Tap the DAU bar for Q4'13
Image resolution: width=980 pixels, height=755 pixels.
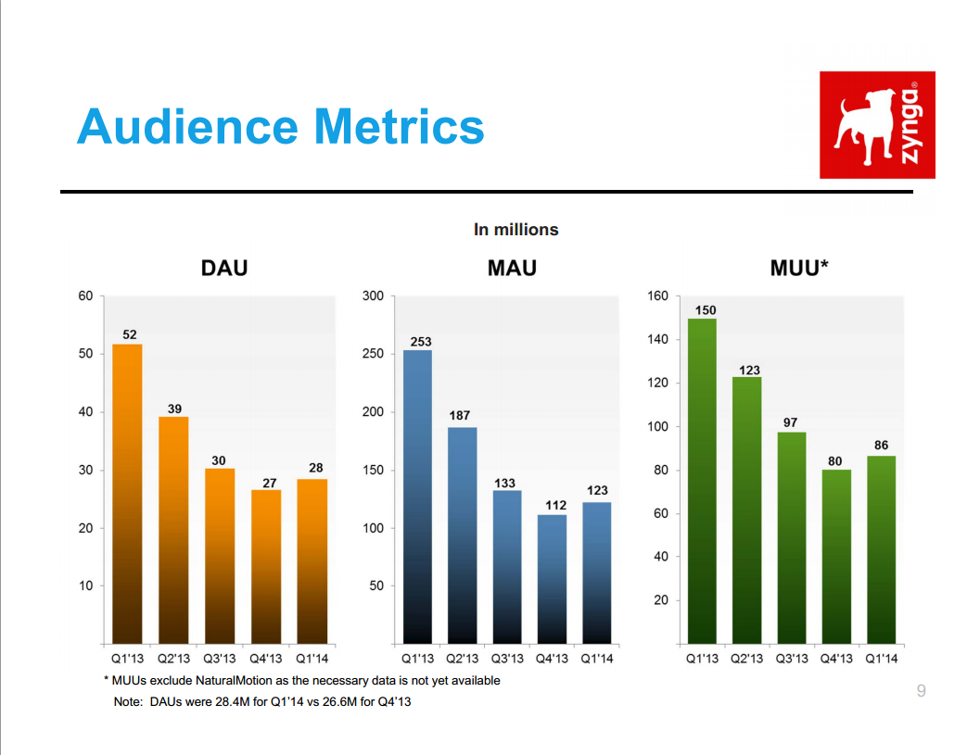(x=266, y=565)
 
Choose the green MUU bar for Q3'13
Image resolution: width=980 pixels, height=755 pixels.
(x=791, y=537)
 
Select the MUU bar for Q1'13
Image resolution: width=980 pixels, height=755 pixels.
(x=702, y=481)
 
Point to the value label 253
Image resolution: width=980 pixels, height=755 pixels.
(x=420, y=342)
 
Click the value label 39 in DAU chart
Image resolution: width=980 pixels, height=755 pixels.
(x=175, y=408)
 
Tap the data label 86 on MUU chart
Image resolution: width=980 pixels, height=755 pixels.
(x=881, y=446)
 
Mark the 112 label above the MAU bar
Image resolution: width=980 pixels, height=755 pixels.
(x=554, y=505)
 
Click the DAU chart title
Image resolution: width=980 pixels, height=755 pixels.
(x=224, y=269)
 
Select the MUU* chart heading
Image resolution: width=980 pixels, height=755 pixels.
(x=798, y=269)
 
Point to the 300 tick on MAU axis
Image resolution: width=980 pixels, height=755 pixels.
(x=373, y=296)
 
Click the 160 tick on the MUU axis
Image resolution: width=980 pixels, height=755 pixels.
(x=657, y=296)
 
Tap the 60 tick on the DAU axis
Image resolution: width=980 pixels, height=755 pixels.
(x=85, y=296)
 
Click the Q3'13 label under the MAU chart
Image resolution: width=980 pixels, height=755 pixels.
(x=507, y=659)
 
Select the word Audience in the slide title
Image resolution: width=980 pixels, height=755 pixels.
(x=186, y=127)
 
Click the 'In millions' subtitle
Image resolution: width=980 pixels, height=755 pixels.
(x=515, y=229)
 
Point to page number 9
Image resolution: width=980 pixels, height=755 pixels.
(x=921, y=690)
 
